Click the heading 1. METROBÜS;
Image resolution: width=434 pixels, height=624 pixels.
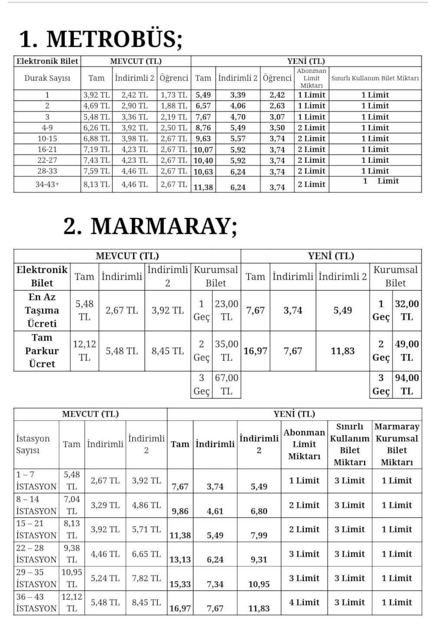pos(101,39)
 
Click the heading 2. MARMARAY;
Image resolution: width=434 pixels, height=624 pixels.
pos(150,226)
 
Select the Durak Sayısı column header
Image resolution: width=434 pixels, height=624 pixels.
pos(47,78)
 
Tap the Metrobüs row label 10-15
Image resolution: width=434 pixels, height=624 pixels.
pos(47,138)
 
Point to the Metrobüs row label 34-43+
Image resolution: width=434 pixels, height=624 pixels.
pos(47,184)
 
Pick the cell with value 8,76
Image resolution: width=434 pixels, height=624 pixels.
pos(203,128)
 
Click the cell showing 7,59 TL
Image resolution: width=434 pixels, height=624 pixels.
pos(96,171)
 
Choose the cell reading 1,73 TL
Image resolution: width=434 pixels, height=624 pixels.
pos(174,95)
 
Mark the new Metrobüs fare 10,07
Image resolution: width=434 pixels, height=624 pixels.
pos(203,150)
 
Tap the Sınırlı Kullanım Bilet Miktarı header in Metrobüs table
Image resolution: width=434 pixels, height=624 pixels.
pos(375,78)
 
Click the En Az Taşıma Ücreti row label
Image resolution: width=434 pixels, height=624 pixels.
pos(42,310)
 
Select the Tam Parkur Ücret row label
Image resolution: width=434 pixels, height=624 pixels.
pos(42,351)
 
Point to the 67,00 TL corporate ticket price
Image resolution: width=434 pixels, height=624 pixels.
pos(227,384)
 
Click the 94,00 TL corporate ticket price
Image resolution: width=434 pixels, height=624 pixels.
pos(407,384)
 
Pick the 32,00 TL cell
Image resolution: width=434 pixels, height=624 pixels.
pos(407,310)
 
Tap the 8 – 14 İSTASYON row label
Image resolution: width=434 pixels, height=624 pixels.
pos(36,505)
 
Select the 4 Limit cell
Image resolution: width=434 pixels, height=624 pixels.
pos(304,602)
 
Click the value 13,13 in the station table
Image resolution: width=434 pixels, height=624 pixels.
pos(180,559)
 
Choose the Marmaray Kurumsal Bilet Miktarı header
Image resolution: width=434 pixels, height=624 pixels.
pos(397,444)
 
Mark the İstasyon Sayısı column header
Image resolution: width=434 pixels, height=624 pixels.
pos(33,444)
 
